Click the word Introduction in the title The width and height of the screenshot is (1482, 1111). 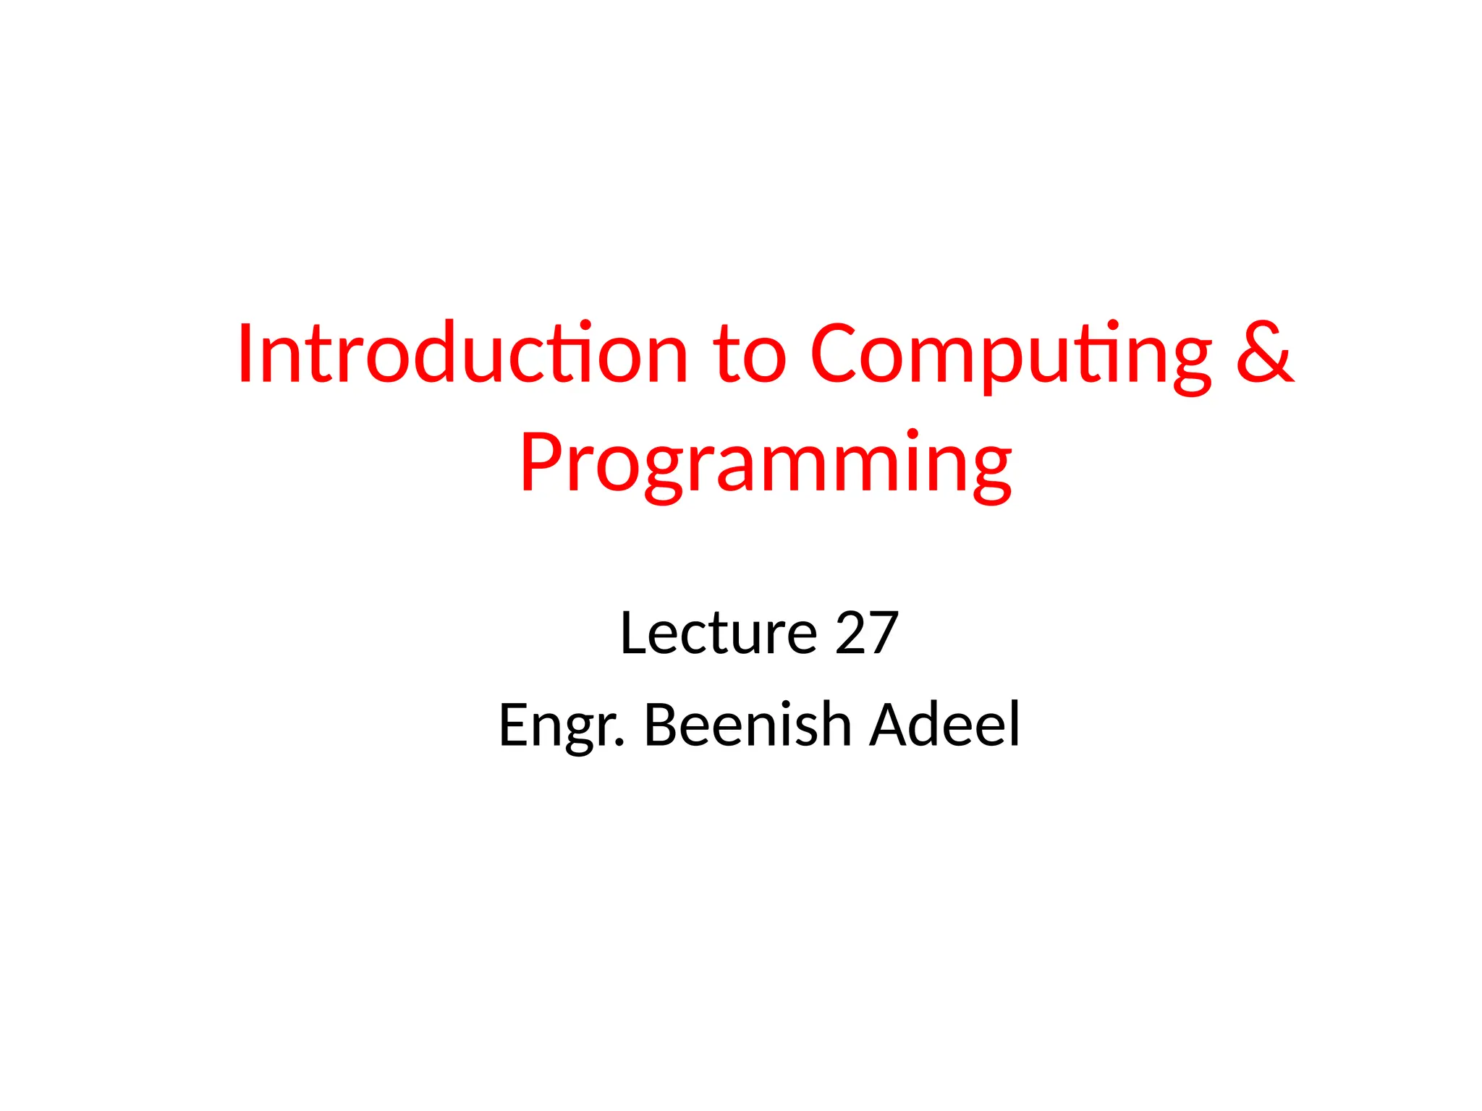tap(462, 354)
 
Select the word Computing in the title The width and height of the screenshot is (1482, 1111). tap(1010, 356)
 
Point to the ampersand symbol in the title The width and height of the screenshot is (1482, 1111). tap(1263, 352)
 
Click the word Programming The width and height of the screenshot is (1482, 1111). tap(766, 464)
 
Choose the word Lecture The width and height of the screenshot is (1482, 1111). tap(718, 633)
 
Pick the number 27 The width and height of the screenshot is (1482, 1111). tap(867, 633)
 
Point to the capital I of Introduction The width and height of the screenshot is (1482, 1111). tap(245, 354)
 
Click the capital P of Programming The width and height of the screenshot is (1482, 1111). tap(540, 464)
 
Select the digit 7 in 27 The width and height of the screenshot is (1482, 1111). tap(883, 633)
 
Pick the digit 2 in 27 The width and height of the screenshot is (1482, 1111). tap(851, 633)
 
